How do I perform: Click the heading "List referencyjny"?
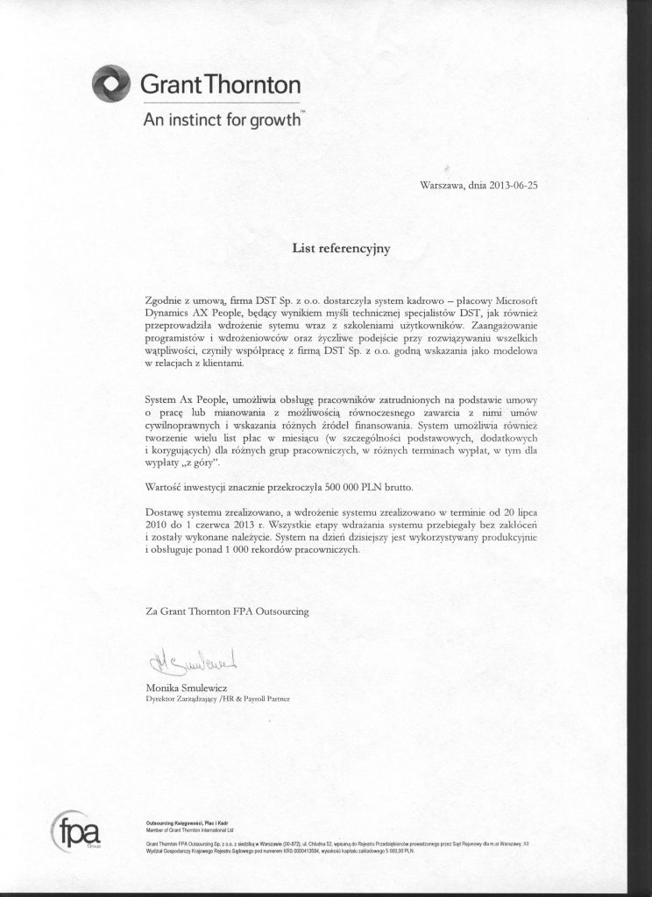click(340, 248)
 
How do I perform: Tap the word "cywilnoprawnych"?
click(183, 423)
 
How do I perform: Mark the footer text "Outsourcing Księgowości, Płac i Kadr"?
click(183, 823)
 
